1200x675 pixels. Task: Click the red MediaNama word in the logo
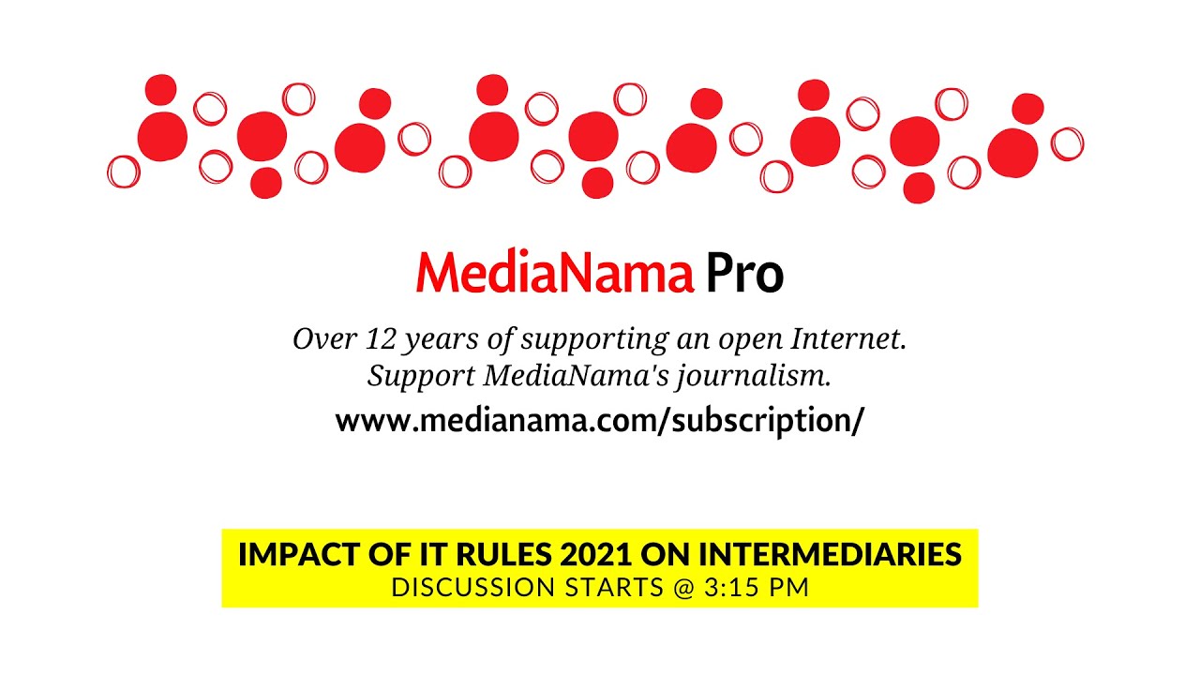tap(554, 274)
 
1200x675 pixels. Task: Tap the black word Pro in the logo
tap(744, 274)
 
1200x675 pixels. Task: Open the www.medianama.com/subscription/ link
tap(599, 421)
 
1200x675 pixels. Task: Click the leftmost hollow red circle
tap(124, 172)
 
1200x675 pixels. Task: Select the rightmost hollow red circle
tap(1067, 144)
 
